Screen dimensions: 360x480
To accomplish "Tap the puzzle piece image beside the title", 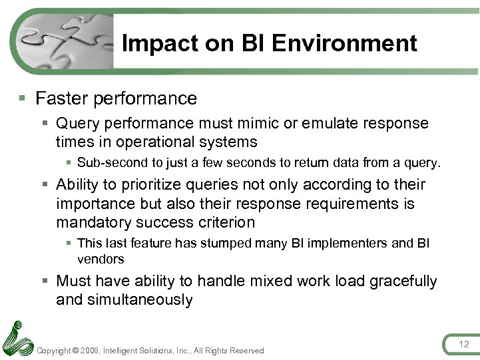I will [x=64, y=41].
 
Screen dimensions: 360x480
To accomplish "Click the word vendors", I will [x=101, y=259].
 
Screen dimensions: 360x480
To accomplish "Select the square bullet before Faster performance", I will [x=22, y=98].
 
